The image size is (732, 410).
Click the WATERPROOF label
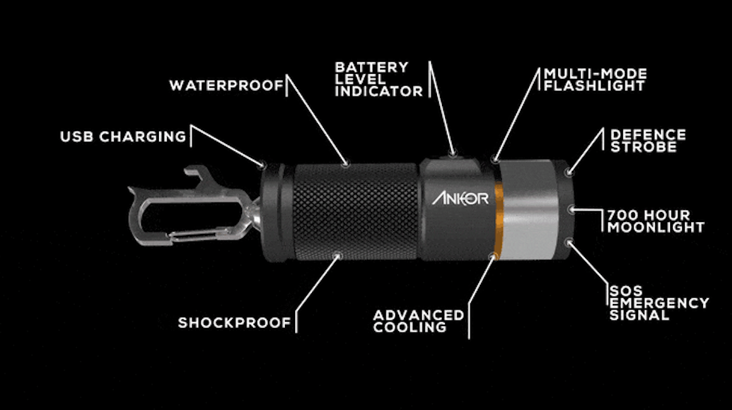226,85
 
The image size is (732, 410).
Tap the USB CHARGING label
123,136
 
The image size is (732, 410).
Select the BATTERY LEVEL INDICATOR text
378,79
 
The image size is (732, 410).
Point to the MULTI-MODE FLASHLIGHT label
595,80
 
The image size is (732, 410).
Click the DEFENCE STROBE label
648,141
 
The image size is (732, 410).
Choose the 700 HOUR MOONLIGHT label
656,221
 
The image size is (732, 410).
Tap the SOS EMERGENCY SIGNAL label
659,303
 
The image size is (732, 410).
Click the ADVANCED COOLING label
419,321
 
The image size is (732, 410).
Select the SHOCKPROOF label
235,323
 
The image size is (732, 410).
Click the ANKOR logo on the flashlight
460,199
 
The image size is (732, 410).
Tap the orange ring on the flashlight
499,220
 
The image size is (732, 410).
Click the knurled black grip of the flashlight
356,211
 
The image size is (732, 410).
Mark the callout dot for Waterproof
346,164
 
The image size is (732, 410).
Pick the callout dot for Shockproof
338,256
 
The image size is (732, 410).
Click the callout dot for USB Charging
262,165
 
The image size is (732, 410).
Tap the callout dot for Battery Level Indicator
452,153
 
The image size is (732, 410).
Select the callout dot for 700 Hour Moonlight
572,209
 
